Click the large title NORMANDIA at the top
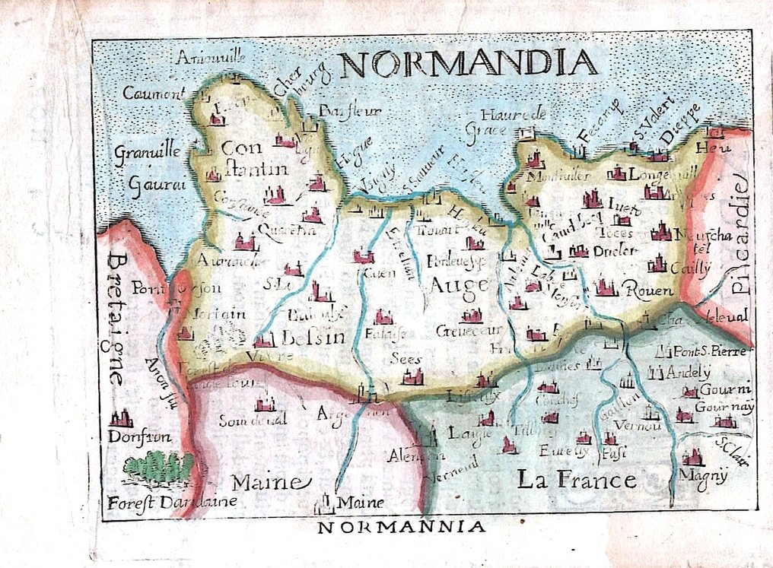click(x=465, y=64)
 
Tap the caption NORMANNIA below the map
click(x=400, y=527)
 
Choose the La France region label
click(x=576, y=480)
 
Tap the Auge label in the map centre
click(x=458, y=286)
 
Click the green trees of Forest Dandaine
click(x=158, y=467)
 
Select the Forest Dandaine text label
click(x=172, y=502)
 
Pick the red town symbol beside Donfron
click(x=121, y=418)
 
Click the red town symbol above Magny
click(x=692, y=458)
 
